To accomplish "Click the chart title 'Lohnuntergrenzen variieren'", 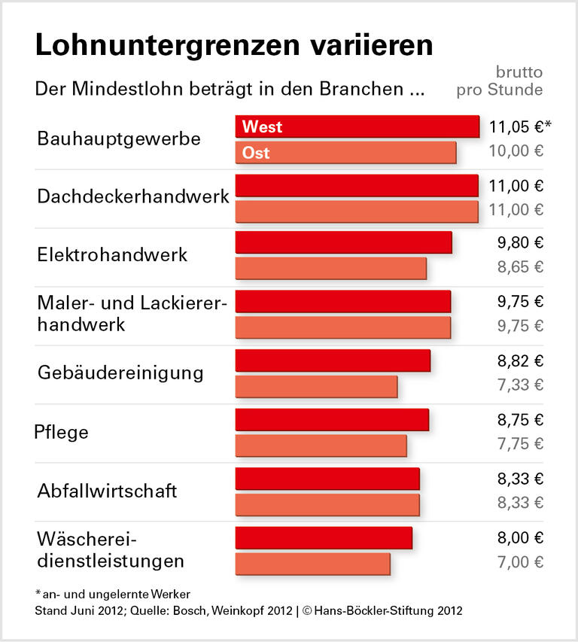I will point(233,45).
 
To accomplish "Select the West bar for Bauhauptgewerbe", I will point(357,126).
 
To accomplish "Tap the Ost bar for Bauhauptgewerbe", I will point(345,153).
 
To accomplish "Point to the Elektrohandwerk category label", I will point(112,254).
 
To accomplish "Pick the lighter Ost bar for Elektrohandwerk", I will point(330,269).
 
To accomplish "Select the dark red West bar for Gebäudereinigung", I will point(333,361).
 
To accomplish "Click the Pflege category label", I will point(62,432).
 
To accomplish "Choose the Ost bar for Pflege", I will point(321,446).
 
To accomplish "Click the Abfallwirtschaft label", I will point(107,491).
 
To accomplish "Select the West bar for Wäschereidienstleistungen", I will point(324,537).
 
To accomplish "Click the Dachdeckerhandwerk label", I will point(132,196).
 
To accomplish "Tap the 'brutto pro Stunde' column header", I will point(500,81).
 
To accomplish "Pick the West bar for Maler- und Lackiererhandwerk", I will point(342,302).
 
